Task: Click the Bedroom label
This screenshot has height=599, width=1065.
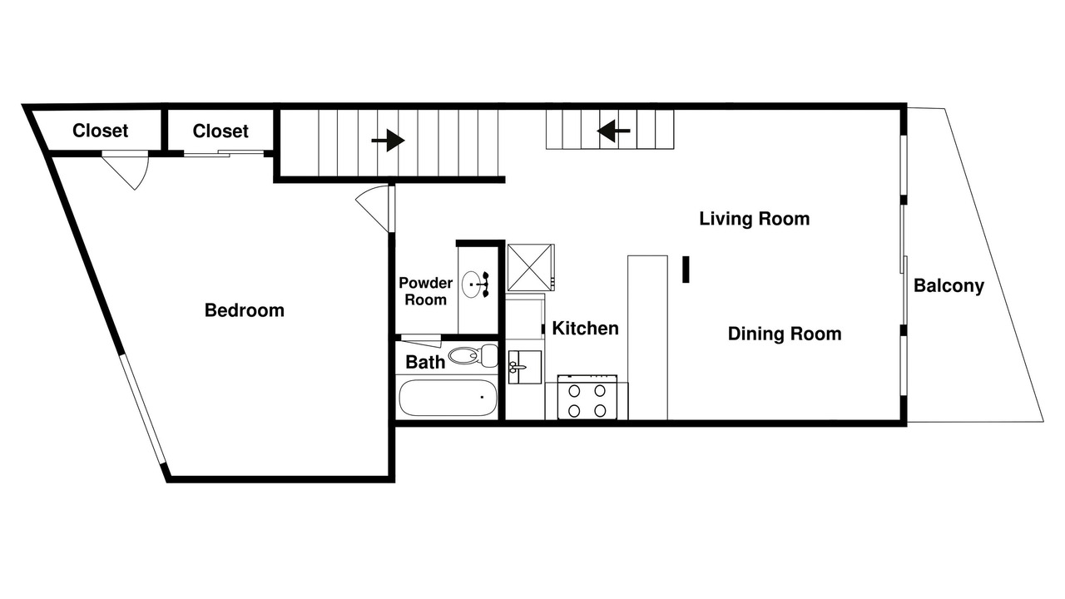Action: [245, 310]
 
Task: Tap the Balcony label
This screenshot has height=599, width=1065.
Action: [949, 285]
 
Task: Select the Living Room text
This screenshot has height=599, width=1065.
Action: [755, 219]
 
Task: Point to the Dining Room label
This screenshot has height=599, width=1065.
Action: [785, 334]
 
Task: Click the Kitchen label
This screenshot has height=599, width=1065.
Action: [585, 328]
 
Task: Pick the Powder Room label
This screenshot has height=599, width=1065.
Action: [425, 291]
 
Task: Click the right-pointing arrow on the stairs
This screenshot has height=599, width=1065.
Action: [388, 141]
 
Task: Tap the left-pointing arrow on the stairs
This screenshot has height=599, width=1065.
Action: [614, 131]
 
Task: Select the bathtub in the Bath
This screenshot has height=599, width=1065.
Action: [448, 398]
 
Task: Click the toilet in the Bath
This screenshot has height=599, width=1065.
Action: [473, 355]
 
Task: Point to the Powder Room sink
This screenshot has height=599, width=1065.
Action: [476, 285]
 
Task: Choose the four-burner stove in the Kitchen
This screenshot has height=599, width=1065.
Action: [587, 397]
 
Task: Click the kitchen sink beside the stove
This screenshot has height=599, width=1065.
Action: [524, 367]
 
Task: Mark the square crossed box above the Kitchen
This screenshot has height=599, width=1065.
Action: [530, 268]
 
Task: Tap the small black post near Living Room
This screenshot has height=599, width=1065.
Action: [686, 270]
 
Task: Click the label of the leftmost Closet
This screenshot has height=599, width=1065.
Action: [100, 131]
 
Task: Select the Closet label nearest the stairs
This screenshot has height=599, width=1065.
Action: [220, 131]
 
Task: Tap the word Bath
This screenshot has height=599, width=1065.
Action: [425, 362]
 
